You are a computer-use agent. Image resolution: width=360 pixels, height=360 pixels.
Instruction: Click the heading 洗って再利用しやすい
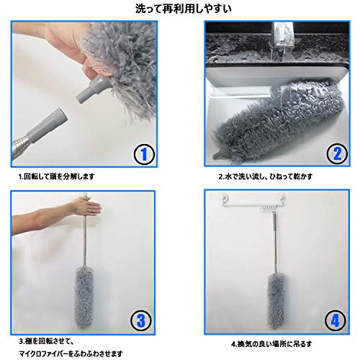point(184,9)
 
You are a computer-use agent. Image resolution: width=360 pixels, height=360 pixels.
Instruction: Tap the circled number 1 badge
point(143,154)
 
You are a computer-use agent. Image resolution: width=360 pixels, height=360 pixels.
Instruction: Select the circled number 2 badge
point(337,153)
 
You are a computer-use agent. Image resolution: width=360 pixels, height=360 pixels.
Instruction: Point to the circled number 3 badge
point(141,320)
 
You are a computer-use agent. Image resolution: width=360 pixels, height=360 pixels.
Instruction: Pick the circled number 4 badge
point(336,320)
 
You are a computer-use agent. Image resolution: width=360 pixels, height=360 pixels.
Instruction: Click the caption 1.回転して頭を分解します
point(57,176)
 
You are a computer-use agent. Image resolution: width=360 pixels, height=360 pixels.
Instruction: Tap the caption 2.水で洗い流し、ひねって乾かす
point(266,176)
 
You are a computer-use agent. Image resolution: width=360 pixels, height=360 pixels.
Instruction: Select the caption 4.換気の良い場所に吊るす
point(271,344)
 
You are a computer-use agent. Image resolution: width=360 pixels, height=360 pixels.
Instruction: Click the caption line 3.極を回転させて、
point(46,341)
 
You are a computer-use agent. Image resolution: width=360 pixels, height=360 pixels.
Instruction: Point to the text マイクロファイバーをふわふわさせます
point(71,354)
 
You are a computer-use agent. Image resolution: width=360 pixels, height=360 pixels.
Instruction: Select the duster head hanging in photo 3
point(84,297)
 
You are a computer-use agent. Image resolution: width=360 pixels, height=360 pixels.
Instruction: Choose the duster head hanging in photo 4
point(276,302)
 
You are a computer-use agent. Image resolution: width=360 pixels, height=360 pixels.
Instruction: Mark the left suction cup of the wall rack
point(225,199)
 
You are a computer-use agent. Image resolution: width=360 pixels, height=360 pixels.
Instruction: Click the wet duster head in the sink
point(278,120)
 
